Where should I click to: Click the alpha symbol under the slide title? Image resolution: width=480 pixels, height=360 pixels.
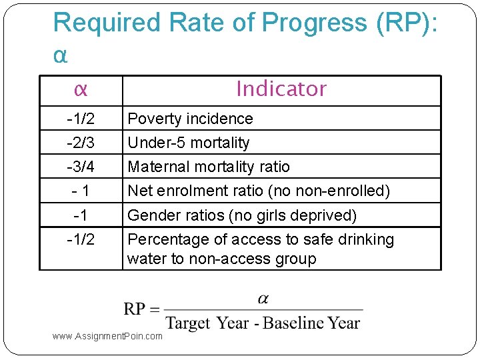(x=60, y=55)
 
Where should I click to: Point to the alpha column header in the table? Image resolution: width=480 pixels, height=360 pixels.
(x=81, y=89)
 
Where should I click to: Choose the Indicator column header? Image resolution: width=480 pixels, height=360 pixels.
(x=281, y=89)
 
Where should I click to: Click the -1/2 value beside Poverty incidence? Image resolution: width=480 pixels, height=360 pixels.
(x=81, y=119)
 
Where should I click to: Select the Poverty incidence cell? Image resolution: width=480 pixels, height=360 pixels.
(x=190, y=119)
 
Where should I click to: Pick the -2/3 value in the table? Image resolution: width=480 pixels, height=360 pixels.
(x=81, y=143)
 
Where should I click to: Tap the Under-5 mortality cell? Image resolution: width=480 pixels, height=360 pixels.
(x=188, y=143)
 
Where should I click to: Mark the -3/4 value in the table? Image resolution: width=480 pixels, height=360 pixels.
(x=81, y=167)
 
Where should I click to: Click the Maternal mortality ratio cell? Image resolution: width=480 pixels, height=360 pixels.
(x=209, y=167)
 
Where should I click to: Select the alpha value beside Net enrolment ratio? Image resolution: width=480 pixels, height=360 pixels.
(x=81, y=191)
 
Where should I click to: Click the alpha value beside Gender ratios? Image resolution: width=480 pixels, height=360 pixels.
(x=81, y=215)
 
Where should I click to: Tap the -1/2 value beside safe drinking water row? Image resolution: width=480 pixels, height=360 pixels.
(x=81, y=239)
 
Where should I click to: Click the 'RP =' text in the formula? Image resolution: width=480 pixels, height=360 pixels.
(x=141, y=309)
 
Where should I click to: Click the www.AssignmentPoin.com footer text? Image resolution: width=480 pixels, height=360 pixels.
(x=107, y=336)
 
